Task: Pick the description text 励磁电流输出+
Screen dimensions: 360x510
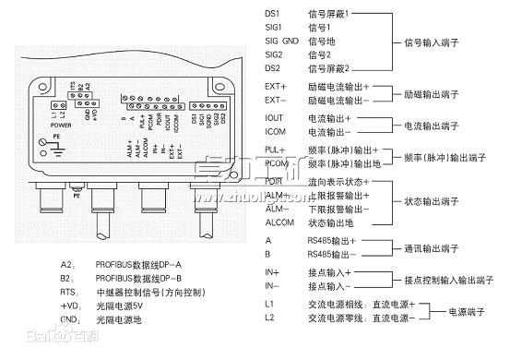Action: tap(338, 85)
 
